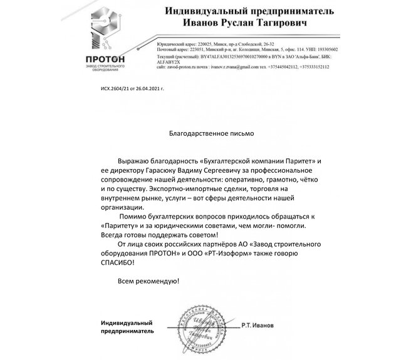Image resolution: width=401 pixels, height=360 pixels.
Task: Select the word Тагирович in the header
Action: point(289,25)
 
